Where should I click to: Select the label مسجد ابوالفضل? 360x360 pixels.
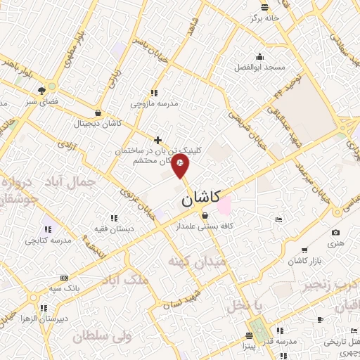pyautogui.click(x=260, y=67)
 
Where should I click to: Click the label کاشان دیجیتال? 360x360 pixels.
pyautogui.click(x=98, y=124)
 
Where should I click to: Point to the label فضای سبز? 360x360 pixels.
pyautogui.click(x=41, y=101)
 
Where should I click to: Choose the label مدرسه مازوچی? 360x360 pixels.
pyautogui.click(x=155, y=103)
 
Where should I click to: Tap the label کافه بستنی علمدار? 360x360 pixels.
pyautogui.click(x=205, y=227)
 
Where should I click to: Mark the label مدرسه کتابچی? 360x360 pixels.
pyautogui.click(x=49, y=240)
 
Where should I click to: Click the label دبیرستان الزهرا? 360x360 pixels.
pyautogui.click(x=44, y=319)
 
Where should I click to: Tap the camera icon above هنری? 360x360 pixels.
pyautogui.click(x=335, y=233)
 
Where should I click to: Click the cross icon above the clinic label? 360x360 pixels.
pyautogui.click(x=158, y=141)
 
